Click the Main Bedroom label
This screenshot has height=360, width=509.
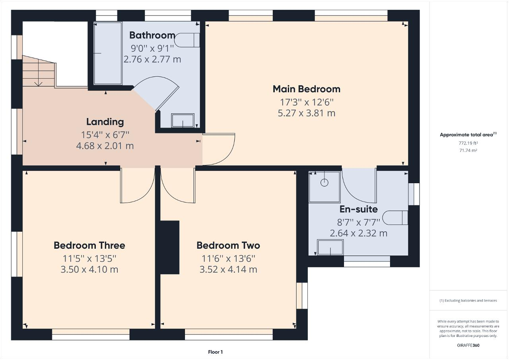click(306, 89)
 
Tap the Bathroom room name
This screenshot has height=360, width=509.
click(152, 35)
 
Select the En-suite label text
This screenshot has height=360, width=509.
click(358, 209)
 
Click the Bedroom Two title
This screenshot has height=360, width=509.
click(228, 246)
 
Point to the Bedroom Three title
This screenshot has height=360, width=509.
click(89, 246)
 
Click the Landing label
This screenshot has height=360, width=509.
click(105, 122)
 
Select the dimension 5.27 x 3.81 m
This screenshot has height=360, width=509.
click(306, 113)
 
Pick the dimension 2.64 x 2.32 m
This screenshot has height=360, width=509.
click(358, 233)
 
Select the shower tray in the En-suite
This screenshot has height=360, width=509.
click(325, 186)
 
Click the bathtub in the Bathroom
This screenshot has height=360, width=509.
click(108, 53)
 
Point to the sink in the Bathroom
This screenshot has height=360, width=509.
click(183, 121)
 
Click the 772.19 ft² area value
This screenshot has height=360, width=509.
click(468, 143)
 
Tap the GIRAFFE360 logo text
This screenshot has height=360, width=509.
click(468, 345)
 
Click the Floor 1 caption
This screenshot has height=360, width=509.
click(215, 352)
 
